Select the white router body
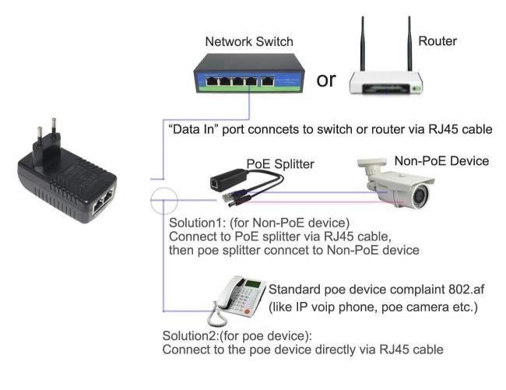click(386, 80)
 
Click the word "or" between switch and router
click(327, 79)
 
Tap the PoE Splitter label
click(280, 163)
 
